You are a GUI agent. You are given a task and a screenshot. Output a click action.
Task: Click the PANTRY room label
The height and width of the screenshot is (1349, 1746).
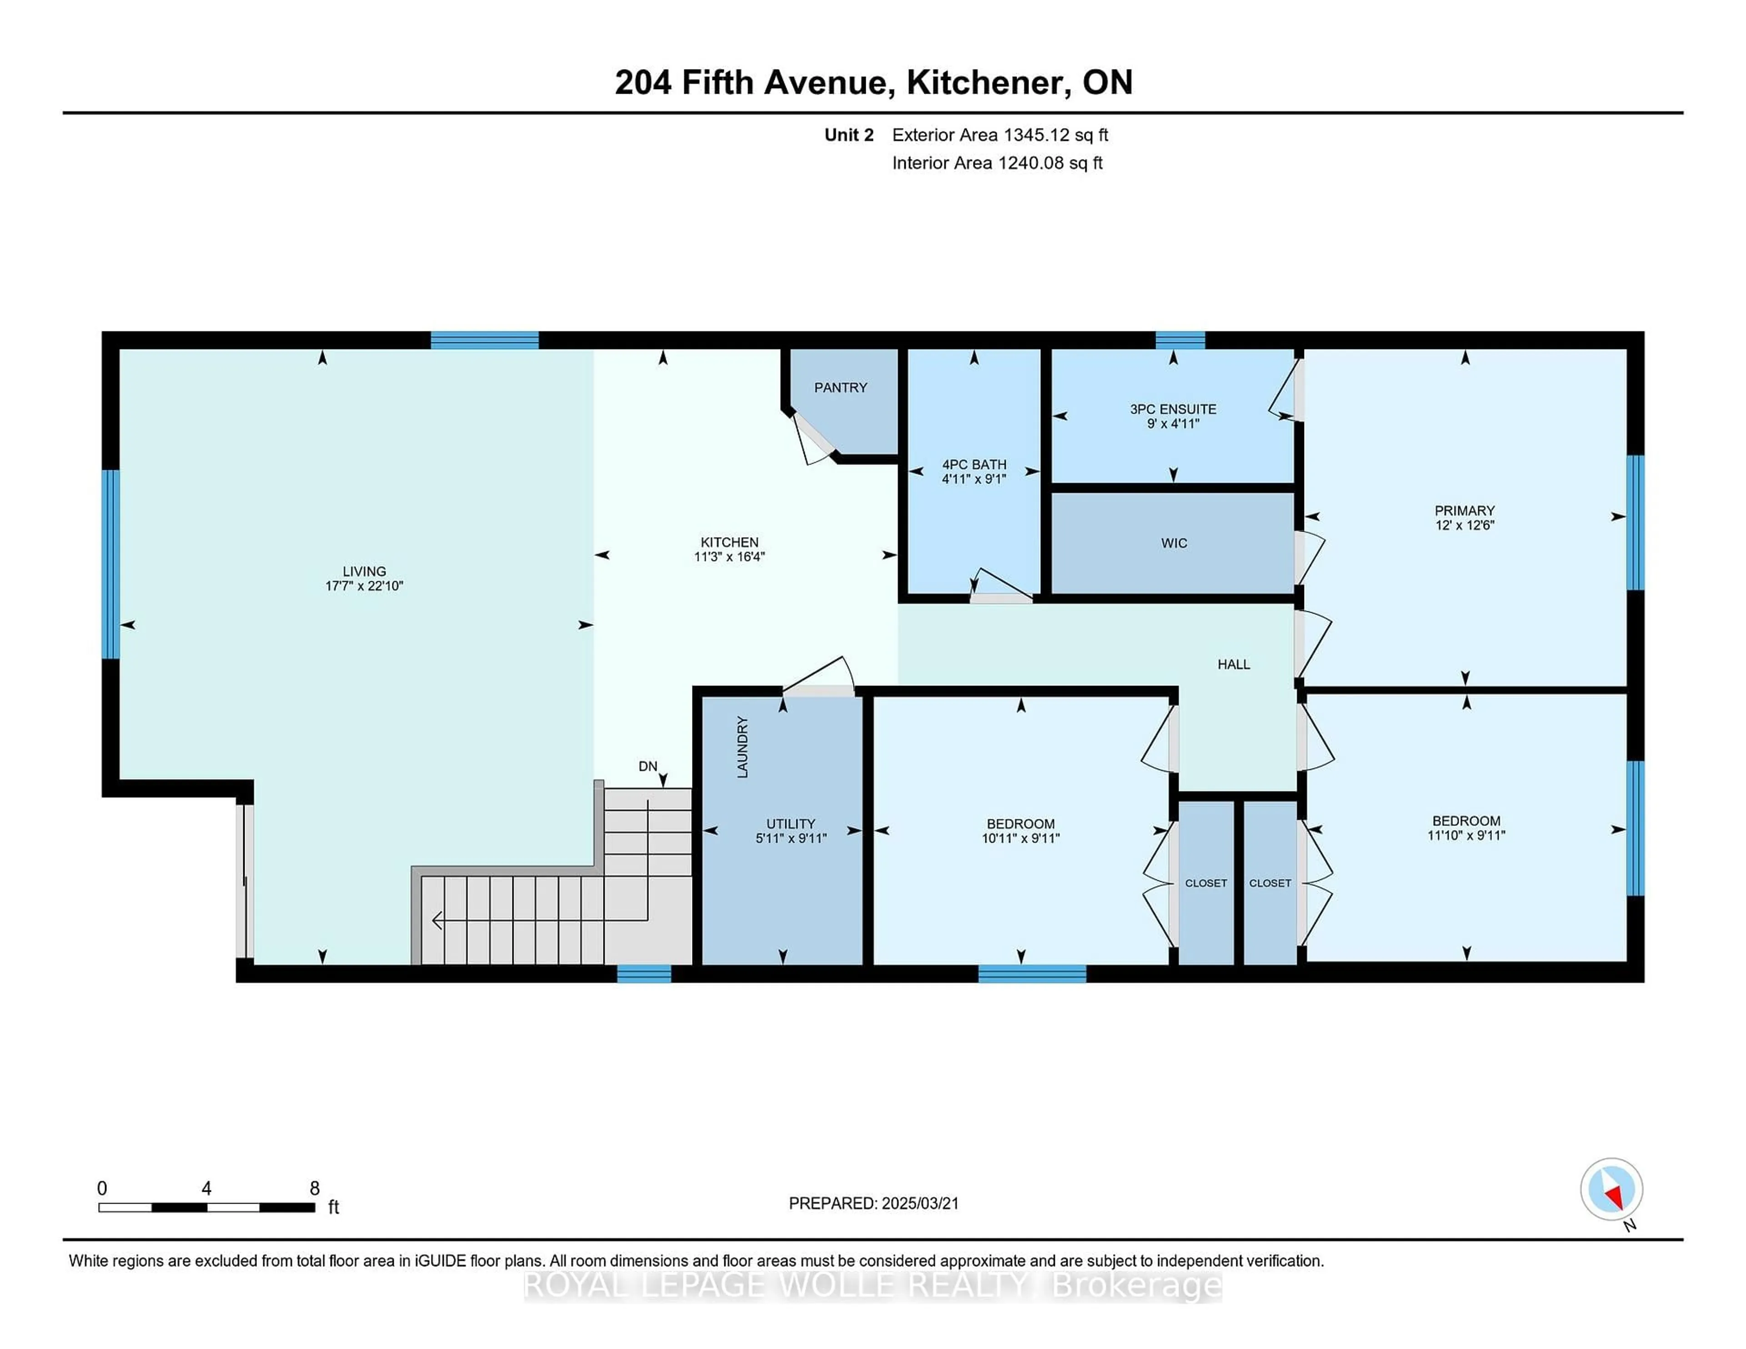click(x=840, y=388)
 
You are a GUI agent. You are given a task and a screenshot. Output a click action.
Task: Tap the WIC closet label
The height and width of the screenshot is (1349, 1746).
click(x=1174, y=544)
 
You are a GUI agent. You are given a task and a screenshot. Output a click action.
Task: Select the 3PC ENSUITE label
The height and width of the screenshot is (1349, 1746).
click(x=1173, y=409)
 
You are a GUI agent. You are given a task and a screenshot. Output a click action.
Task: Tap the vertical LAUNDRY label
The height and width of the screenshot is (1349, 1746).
click(x=742, y=747)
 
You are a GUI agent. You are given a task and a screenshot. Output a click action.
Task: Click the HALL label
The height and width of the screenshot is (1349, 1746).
click(x=1234, y=664)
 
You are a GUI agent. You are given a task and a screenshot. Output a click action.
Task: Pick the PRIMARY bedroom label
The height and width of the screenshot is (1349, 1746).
click(x=1465, y=511)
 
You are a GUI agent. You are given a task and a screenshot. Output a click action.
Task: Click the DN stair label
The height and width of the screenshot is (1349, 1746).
click(x=647, y=766)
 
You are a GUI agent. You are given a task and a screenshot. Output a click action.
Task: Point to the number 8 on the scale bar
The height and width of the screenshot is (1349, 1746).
click(x=315, y=1189)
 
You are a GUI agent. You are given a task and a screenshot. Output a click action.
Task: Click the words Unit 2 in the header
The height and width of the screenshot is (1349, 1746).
click(x=849, y=135)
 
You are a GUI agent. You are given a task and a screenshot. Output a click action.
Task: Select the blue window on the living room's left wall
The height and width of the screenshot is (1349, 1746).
click(x=111, y=564)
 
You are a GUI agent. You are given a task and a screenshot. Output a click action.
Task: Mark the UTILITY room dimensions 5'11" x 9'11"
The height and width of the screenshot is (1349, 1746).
click(x=791, y=838)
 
